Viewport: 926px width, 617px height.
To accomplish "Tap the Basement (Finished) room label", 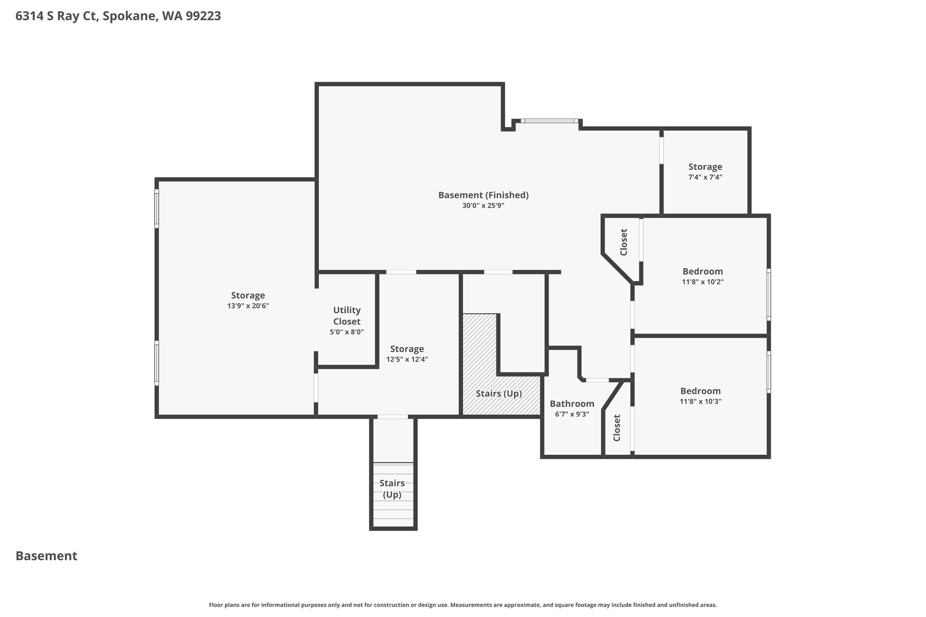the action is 483,195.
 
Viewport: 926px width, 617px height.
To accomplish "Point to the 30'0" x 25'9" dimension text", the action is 483,206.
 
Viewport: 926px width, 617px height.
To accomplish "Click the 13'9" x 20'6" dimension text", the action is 248,306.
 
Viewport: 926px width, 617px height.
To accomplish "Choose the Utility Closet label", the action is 347,316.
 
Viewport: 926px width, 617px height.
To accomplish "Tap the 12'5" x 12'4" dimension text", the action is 407,360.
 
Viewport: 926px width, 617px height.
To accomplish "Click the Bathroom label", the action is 572,404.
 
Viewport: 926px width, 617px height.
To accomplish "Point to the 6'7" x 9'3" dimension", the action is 572,414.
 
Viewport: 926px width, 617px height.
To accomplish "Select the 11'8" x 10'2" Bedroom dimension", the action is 703,282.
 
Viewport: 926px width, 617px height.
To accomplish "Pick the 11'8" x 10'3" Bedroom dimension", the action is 700,401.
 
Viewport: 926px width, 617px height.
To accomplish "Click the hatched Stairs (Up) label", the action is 499,394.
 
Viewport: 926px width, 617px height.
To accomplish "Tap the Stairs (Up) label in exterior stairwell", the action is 392,489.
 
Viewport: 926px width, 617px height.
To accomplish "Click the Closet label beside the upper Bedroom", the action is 624,242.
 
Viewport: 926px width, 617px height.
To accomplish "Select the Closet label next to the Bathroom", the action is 617,428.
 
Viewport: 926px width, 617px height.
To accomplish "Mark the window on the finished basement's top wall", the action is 549,121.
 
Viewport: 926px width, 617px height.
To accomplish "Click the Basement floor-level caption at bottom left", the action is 47,556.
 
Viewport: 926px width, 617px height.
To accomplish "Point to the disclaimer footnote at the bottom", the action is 463,605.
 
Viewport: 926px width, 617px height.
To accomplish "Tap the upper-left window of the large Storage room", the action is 157,208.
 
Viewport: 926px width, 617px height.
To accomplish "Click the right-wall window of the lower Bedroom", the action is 769,372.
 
